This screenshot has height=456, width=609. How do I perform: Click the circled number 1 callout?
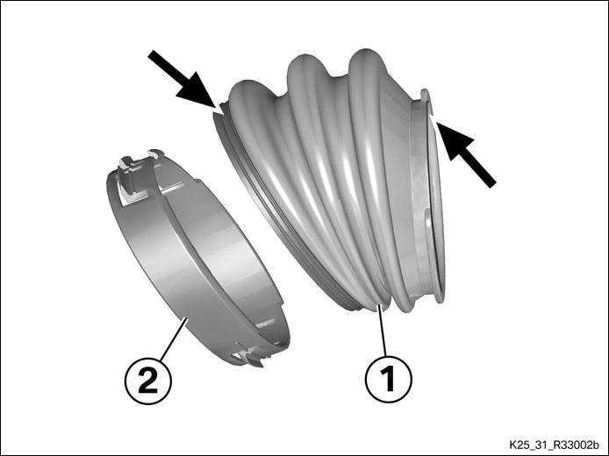[x=389, y=379]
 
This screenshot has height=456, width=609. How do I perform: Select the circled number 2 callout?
[x=148, y=381]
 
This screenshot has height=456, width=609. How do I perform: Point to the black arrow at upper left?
[x=182, y=79]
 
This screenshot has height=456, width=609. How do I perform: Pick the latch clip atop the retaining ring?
[x=137, y=172]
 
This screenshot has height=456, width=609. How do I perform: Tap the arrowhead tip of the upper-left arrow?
[x=215, y=108]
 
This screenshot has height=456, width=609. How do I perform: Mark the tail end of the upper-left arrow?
[x=151, y=53]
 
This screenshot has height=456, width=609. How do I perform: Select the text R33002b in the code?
[x=579, y=445]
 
